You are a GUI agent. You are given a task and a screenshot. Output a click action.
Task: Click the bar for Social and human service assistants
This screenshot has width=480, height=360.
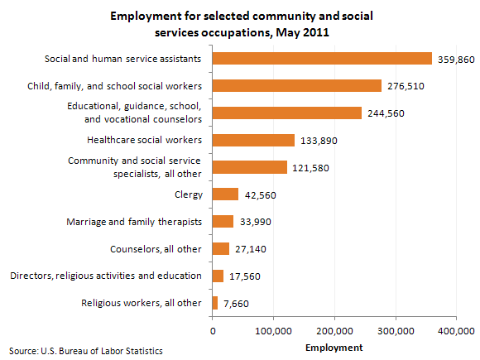pyautogui.click(x=322, y=59)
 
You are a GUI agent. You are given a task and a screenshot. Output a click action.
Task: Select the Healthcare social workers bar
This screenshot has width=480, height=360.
pyautogui.click(x=253, y=140)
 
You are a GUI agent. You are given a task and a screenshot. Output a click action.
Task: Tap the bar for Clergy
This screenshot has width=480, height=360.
pyautogui.click(x=225, y=194)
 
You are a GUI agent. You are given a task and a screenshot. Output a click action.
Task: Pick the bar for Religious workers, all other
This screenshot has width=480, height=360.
pyautogui.click(x=215, y=303)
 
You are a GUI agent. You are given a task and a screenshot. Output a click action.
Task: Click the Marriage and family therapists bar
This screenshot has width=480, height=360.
pyautogui.click(x=223, y=221)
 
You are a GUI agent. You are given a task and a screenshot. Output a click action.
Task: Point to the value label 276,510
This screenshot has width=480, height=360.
pyautogui.click(x=406, y=86)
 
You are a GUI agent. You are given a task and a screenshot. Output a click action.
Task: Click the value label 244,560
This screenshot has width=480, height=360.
pyautogui.click(x=386, y=113)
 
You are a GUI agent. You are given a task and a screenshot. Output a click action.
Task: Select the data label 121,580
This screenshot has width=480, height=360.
pyautogui.click(x=310, y=168)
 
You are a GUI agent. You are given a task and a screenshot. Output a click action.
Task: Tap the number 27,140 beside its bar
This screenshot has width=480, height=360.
pyautogui.click(x=251, y=249)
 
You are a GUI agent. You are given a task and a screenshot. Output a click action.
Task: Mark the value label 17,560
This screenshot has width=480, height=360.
pyautogui.click(x=245, y=276)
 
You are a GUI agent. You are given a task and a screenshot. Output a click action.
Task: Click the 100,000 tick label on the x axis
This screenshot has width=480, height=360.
pyautogui.click(x=273, y=331)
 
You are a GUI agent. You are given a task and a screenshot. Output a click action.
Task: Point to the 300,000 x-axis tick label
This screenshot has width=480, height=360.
pyautogui.click(x=396, y=331)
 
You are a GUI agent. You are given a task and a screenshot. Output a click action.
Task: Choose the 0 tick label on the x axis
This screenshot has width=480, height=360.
pyautogui.click(x=213, y=331)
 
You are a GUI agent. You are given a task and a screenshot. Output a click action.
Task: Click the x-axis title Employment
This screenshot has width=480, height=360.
pyautogui.click(x=334, y=348)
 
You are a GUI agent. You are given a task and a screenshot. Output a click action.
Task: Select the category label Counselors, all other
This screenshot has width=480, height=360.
pyautogui.click(x=156, y=249)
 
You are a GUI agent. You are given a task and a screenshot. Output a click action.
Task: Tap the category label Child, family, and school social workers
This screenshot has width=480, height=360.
pyautogui.click(x=114, y=86)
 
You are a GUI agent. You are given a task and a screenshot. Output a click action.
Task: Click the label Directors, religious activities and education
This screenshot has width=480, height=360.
pyautogui.click(x=106, y=276)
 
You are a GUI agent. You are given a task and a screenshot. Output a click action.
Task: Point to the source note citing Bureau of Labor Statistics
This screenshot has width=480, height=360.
pyautogui.click(x=86, y=351)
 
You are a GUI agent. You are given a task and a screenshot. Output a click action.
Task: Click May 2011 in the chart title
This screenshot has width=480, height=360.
pyautogui.click(x=302, y=32)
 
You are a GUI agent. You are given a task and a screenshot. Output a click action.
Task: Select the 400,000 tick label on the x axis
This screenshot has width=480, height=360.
pyautogui.click(x=456, y=331)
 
